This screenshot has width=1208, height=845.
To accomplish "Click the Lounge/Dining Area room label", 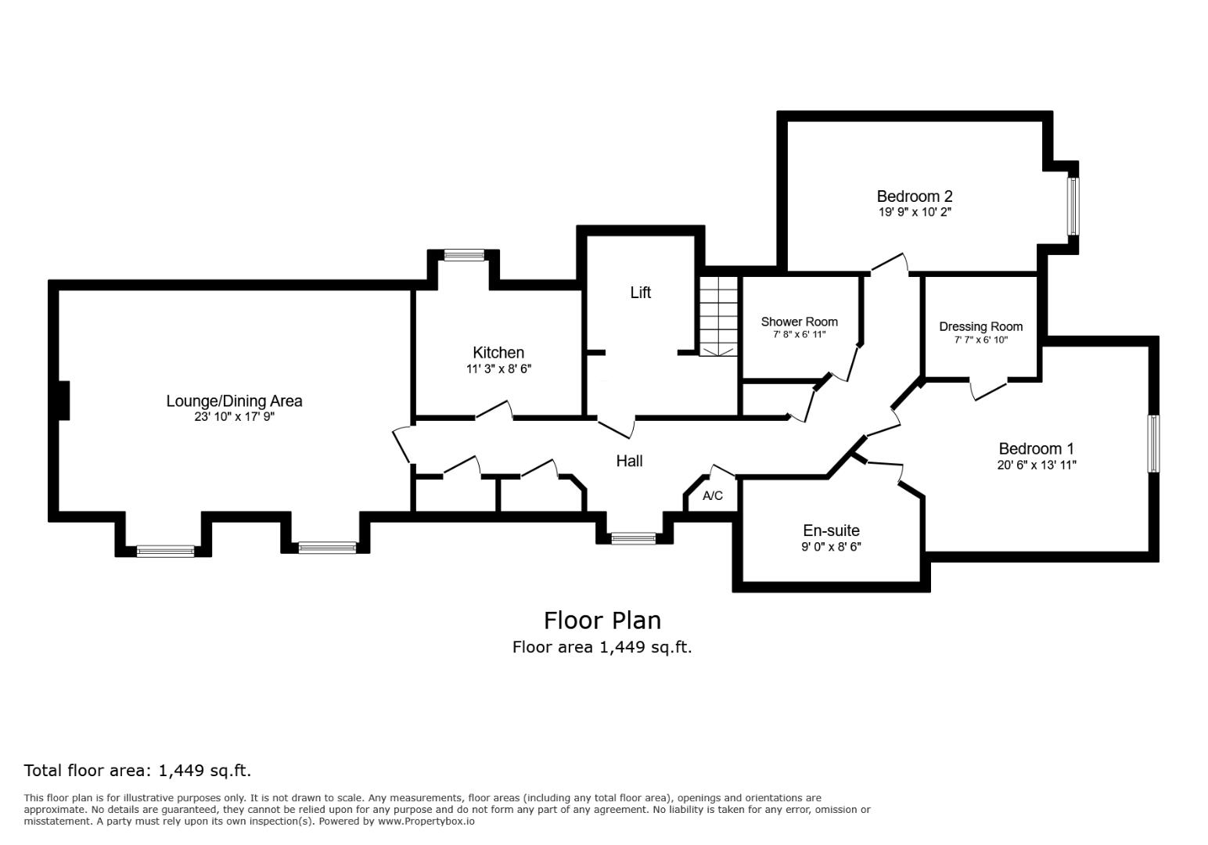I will [x=234, y=401].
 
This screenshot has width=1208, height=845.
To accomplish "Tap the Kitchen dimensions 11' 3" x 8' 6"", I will [x=498, y=369].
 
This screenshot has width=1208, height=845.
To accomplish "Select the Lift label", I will [x=640, y=293].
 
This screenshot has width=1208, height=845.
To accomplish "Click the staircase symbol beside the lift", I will [x=718, y=315].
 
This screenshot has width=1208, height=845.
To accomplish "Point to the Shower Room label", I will [x=799, y=322].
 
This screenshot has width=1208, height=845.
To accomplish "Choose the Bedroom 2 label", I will [x=914, y=196].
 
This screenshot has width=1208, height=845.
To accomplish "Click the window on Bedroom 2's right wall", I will [x=1073, y=206].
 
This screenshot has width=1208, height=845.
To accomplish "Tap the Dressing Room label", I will [x=980, y=327].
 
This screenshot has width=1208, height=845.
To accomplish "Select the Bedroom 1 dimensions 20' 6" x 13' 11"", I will [x=1036, y=465].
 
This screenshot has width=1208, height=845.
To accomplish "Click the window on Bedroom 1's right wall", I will [x=1153, y=444].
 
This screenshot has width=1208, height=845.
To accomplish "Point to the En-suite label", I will [x=831, y=530].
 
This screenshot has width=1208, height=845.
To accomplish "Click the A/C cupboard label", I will [x=713, y=496].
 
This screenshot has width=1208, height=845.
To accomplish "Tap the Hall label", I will [x=629, y=461].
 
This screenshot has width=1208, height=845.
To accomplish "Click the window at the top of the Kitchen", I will [x=464, y=254].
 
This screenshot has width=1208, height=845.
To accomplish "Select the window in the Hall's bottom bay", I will [x=633, y=538].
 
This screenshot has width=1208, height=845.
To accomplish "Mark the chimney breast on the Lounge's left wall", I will [x=64, y=400].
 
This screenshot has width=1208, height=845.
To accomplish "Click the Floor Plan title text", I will [x=602, y=620].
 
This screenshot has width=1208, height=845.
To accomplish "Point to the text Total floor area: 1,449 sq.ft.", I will [x=138, y=771].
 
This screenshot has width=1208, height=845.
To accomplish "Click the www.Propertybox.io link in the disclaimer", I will [x=426, y=822].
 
